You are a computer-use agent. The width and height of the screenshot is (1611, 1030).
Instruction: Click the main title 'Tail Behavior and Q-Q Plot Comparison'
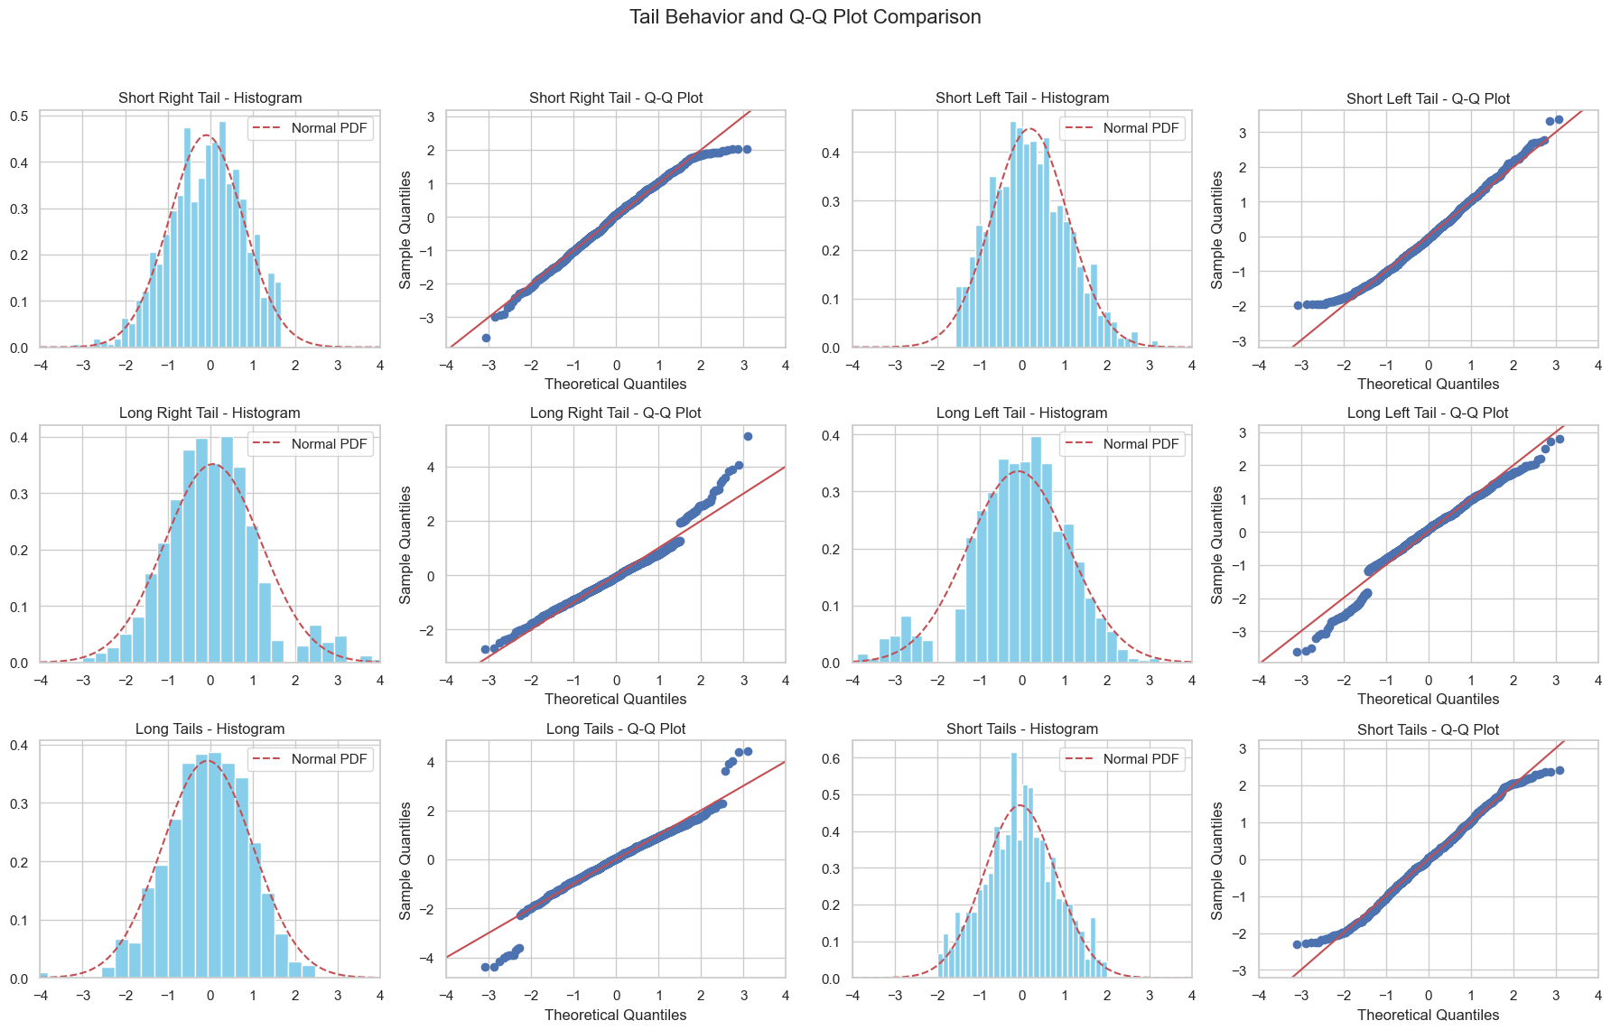click(x=805, y=17)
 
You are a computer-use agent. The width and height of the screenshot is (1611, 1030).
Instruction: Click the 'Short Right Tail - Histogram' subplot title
click(x=210, y=97)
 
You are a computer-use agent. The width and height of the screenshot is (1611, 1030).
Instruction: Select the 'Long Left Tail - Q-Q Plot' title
click(x=1428, y=413)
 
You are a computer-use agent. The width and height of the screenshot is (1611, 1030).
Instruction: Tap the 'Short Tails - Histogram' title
click(x=1022, y=728)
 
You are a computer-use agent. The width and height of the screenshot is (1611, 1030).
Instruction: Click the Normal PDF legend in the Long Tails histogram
click(x=310, y=759)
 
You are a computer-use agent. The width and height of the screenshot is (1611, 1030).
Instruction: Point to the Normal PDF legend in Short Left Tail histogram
click(x=1122, y=128)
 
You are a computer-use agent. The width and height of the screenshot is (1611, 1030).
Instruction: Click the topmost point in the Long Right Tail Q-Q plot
click(x=748, y=437)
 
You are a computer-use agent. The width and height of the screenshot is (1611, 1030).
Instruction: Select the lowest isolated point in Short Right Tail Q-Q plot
click(x=486, y=338)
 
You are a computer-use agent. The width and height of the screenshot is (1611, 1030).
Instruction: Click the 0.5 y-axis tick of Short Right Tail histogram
click(x=20, y=116)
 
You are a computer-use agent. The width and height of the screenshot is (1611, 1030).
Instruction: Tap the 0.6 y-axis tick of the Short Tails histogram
click(x=832, y=758)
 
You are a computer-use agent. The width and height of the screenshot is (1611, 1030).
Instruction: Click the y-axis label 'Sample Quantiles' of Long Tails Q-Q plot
click(x=405, y=860)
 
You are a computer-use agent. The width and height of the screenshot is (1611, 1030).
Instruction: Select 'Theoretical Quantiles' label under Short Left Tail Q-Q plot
click(x=1428, y=384)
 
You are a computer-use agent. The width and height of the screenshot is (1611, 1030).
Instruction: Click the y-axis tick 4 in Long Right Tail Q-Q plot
click(x=432, y=467)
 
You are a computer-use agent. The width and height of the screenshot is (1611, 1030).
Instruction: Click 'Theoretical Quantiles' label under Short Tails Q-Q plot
click(x=1428, y=1015)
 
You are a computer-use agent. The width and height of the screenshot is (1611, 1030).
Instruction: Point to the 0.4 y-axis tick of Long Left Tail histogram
click(x=832, y=435)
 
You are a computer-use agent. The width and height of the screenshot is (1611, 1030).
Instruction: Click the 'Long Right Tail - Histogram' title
click(x=210, y=413)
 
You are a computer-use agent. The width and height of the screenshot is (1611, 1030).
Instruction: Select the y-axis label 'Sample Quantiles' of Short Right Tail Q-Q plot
click(x=405, y=229)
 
